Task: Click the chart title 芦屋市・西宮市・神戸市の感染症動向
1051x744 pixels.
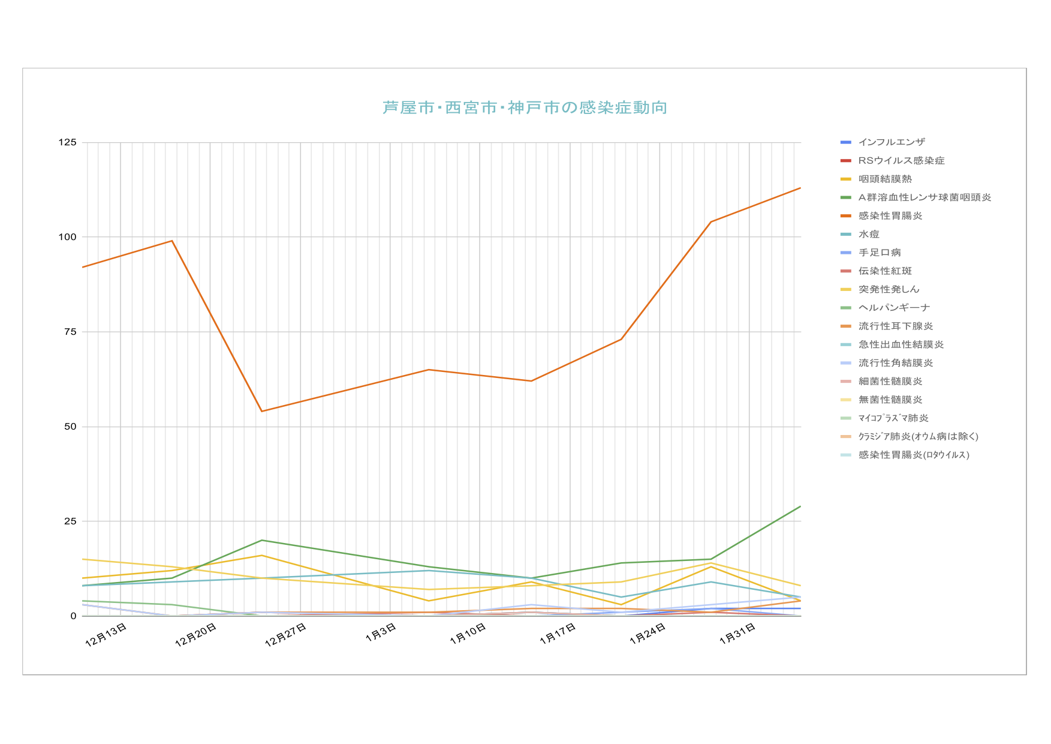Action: tap(525, 108)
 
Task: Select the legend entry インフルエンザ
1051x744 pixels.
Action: tap(891, 142)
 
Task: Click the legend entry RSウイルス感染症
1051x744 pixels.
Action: tap(901, 161)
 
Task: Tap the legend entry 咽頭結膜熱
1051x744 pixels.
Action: tap(884, 179)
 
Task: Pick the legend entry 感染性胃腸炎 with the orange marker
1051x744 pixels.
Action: tap(890, 216)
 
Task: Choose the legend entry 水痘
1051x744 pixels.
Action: tap(868, 235)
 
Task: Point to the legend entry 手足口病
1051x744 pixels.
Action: tap(879, 253)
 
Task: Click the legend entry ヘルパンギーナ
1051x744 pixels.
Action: tap(893, 308)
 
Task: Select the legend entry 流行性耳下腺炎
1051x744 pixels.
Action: tap(895, 326)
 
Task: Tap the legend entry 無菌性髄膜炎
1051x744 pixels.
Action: tap(890, 400)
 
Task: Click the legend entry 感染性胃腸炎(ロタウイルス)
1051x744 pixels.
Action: tap(913, 455)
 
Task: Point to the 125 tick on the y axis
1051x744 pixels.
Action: tap(68, 142)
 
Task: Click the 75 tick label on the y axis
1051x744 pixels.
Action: tap(71, 332)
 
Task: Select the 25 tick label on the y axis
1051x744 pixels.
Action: tap(71, 521)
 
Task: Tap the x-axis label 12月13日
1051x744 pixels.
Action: tap(106, 635)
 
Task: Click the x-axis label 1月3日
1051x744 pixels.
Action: tap(381, 632)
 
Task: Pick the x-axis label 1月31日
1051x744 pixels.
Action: tap(737, 634)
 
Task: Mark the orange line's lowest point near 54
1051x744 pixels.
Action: tap(262, 411)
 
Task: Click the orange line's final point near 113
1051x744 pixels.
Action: tap(800, 188)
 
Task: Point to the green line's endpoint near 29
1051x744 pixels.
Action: tap(800, 506)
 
